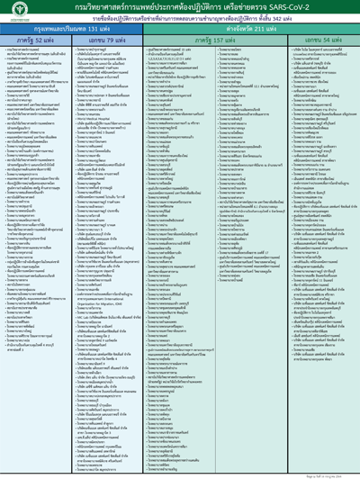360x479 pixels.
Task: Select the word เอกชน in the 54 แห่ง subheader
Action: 301,40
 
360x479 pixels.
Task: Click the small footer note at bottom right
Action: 336,473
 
